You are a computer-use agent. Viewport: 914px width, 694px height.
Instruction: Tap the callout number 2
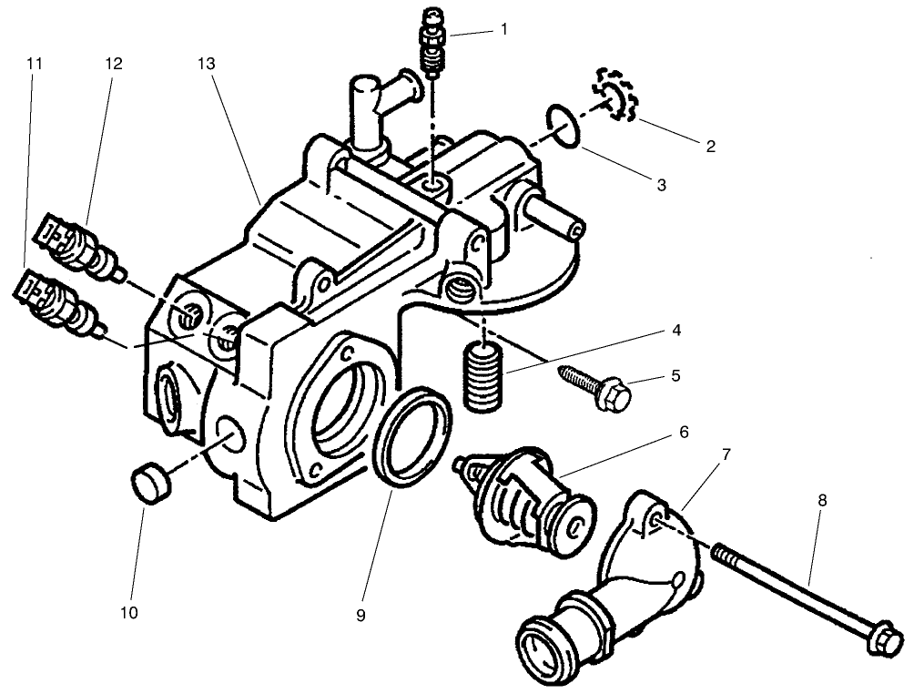point(710,145)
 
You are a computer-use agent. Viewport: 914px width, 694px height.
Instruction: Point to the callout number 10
point(128,613)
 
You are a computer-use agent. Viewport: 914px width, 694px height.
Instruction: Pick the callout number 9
point(361,616)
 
